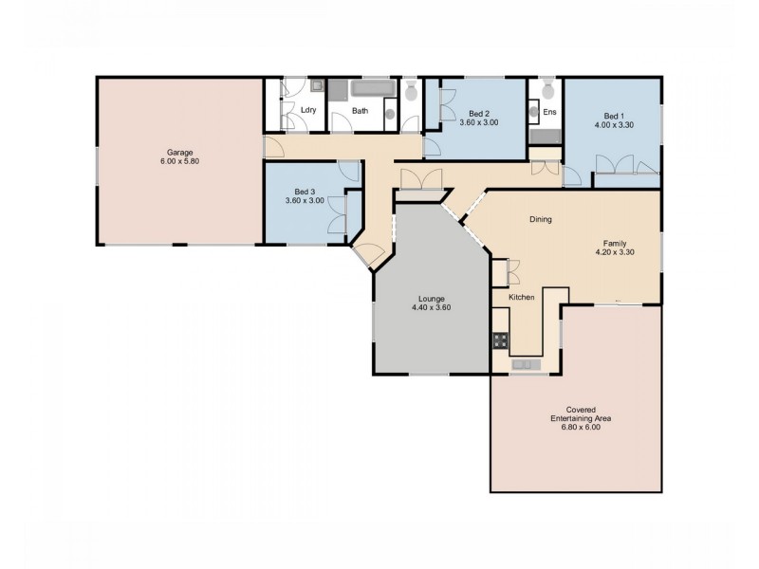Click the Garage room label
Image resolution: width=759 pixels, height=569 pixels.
[180, 152]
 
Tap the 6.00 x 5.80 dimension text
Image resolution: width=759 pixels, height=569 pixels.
[180, 161]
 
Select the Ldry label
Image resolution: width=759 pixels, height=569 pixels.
[307, 110]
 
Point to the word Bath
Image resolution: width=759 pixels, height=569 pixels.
[361, 110]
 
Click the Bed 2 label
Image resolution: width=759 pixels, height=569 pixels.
[479, 113]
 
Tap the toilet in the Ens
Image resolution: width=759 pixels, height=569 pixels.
[546, 91]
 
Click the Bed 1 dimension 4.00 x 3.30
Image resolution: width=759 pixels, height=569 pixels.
[614, 124]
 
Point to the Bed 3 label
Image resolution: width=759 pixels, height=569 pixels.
[305, 191]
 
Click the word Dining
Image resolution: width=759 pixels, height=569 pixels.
[541, 219]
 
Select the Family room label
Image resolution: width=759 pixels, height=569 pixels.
[615, 243]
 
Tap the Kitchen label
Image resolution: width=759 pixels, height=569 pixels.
[522, 298]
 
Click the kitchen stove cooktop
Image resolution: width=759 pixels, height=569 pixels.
[500, 340]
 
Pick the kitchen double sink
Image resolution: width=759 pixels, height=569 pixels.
[525, 364]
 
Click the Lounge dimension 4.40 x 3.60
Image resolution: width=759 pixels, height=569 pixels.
[431, 307]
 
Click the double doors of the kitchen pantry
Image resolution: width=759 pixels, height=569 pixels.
[512, 272]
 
